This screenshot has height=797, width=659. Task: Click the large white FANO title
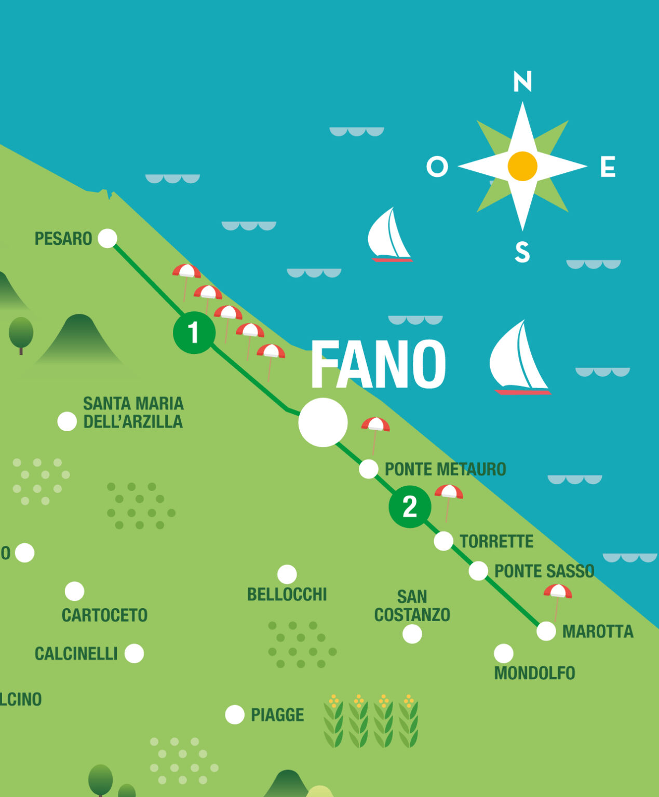[x=378, y=364]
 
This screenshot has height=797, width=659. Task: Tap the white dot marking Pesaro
[x=107, y=238]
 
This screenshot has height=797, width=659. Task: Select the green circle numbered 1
[x=194, y=333]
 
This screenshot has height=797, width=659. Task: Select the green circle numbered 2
[x=410, y=506]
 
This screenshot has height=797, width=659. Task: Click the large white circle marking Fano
[x=323, y=422]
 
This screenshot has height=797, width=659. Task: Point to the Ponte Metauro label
[x=445, y=469]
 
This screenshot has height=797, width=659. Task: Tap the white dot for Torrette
[x=443, y=541]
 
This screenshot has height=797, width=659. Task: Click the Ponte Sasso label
[x=544, y=571]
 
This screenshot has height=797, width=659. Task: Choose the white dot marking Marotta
[x=546, y=631]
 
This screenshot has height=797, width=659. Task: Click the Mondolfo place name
[x=534, y=674]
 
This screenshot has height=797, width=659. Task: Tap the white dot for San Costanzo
[x=412, y=634]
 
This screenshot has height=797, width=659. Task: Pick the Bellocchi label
[x=287, y=595]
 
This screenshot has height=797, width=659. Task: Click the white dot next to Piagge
[x=235, y=714]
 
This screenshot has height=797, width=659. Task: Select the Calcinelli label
[x=76, y=654]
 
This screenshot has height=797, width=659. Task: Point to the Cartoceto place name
[x=104, y=615]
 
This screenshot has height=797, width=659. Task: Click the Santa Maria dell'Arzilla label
[x=133, y=413]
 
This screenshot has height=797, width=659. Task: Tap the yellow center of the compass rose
[x=522, y=166]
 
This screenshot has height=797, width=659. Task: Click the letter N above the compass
[x=522, y=81]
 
